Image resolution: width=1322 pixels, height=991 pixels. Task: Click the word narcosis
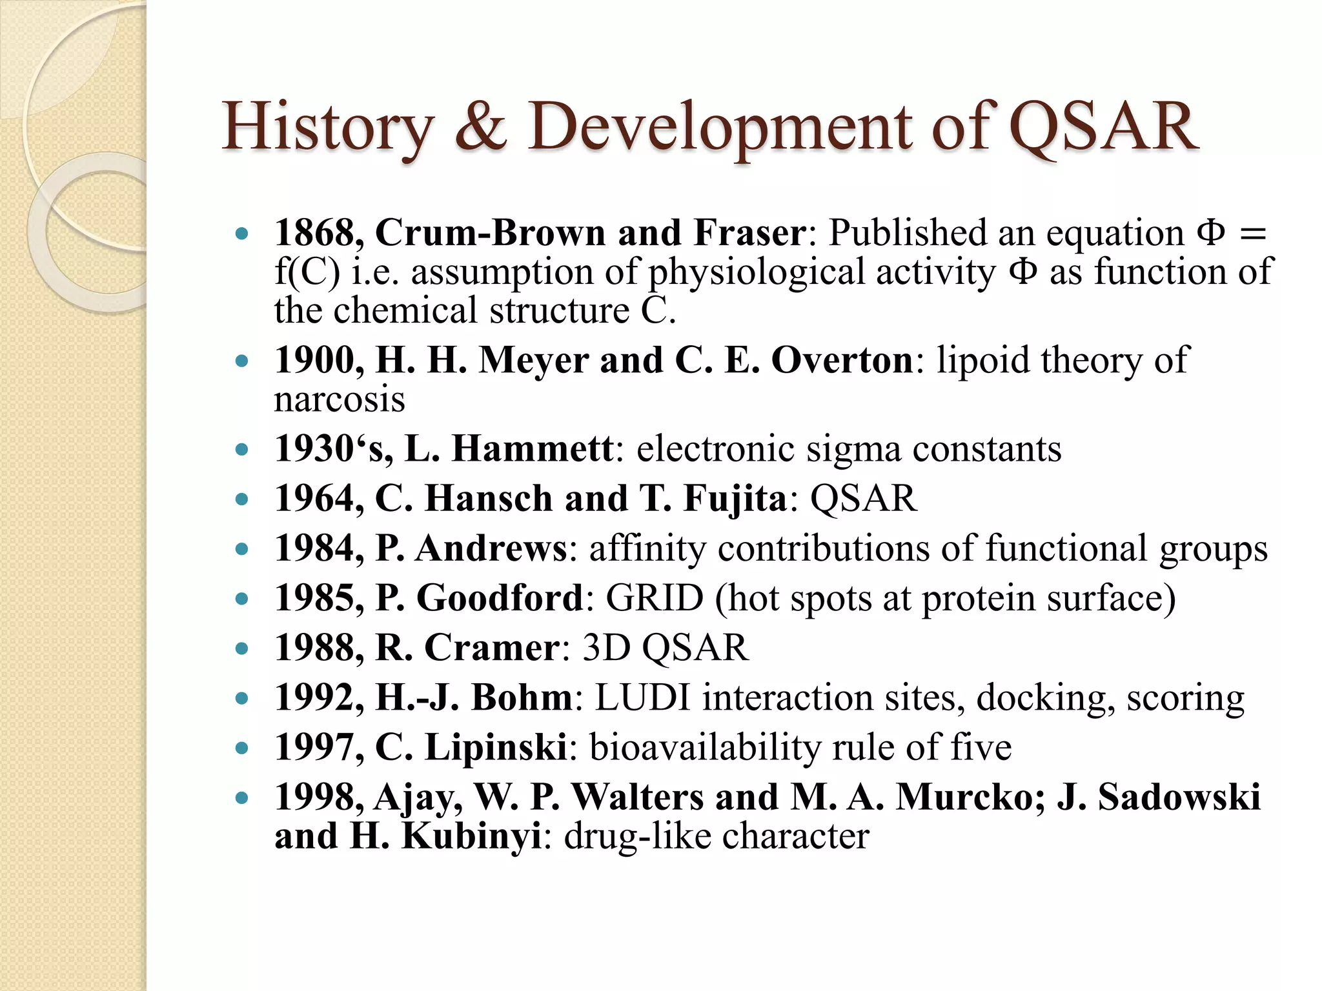340,399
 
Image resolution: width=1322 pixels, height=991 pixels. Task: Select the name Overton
842,360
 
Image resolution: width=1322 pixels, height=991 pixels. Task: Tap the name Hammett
532,448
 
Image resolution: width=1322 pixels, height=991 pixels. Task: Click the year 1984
314,548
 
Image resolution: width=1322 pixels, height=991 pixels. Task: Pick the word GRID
654,598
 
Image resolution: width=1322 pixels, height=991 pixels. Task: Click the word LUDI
642,697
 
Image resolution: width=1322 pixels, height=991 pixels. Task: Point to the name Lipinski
496,747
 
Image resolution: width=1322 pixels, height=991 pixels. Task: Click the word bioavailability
705,747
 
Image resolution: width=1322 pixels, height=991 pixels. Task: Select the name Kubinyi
471,836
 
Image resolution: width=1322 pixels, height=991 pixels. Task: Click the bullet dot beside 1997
242,748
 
